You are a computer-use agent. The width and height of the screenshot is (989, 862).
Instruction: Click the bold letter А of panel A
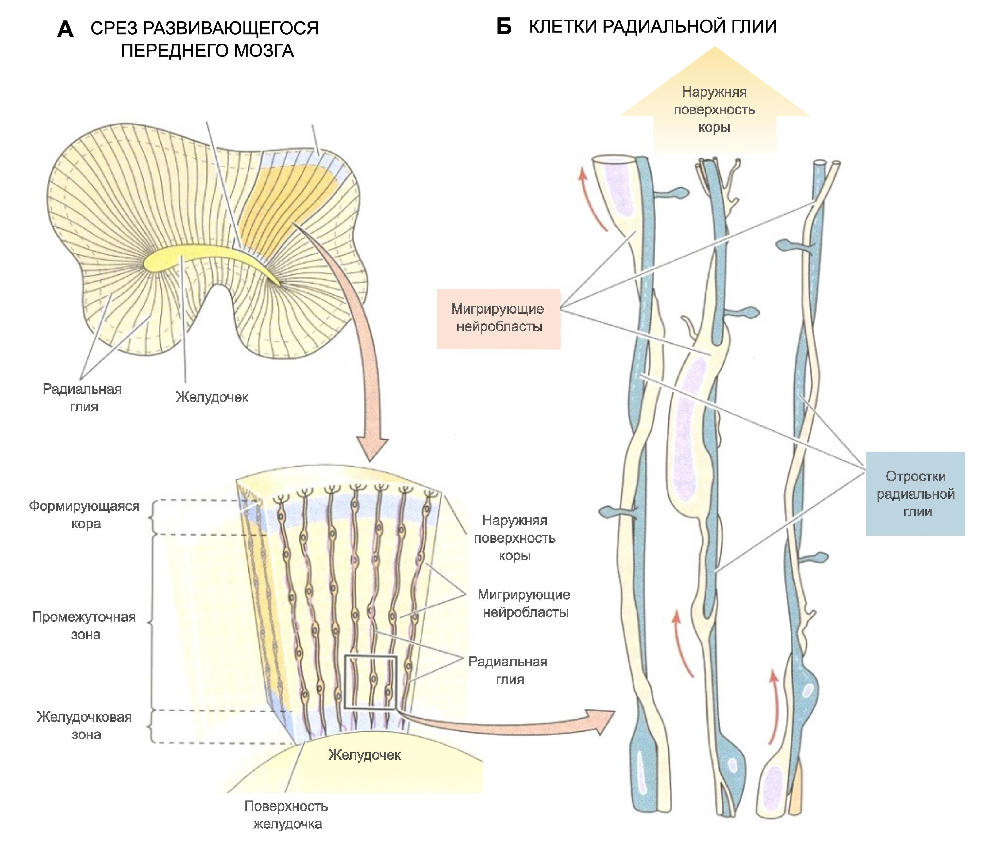point(65,30)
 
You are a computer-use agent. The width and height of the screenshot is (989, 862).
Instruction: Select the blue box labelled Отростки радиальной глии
point(915,494)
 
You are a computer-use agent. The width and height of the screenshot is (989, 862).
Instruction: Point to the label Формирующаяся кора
point(84,515)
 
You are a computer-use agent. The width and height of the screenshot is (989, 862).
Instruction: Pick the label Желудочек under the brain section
point(212,397)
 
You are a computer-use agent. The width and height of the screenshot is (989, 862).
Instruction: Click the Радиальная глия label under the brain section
point(82,398)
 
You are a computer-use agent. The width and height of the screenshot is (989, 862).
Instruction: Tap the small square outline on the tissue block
point(370,682)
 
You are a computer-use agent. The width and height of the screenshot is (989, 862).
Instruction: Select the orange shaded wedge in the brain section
point(284,197)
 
